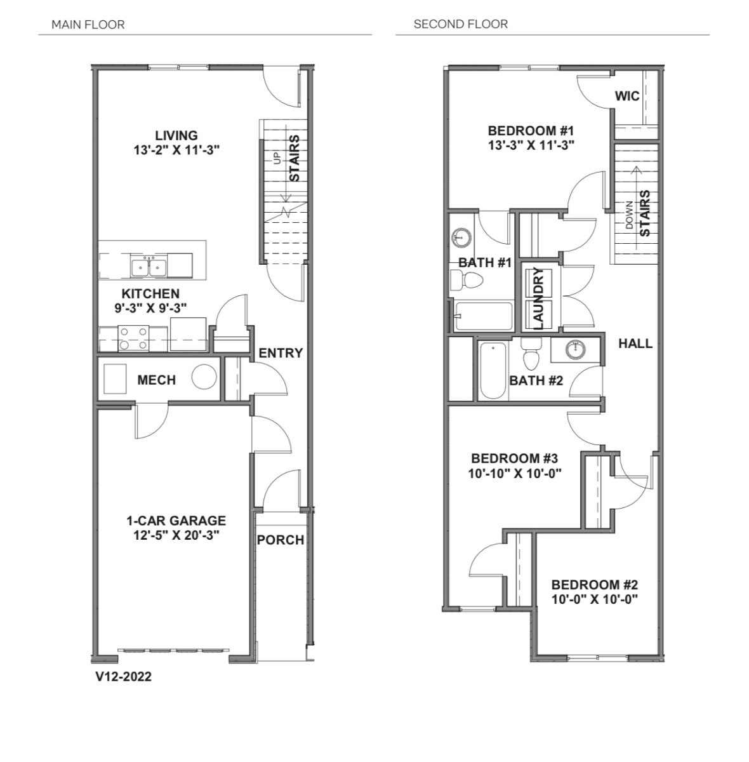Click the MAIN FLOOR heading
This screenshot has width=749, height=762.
click(88, 25)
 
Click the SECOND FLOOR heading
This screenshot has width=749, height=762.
click(461, 24)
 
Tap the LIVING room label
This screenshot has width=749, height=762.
click(176, 136)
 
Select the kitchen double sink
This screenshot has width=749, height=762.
click(149, 265)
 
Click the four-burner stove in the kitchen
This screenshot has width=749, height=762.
click(133, 338)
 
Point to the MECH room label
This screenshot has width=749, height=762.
click(157, 380)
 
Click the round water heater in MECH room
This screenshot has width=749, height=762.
click(204, 377)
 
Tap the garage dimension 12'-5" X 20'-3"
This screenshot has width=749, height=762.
click(176, 535)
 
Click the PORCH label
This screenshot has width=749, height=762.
click(281, 540)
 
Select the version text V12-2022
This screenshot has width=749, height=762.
click(123, 676)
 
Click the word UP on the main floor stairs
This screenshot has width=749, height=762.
click(277, 158)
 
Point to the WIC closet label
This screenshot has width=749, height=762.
click(627, 96)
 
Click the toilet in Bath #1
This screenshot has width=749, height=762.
click(467, 281)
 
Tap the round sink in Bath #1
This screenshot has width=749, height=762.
click(461, 237)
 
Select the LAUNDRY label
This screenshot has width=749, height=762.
click(539, 298)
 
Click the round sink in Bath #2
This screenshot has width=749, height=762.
click(576, 350)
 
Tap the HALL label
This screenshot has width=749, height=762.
click(635, 344)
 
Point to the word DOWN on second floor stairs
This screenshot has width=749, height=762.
click(630, 215)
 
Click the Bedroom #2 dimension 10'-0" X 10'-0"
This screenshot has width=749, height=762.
click(595, 599)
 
